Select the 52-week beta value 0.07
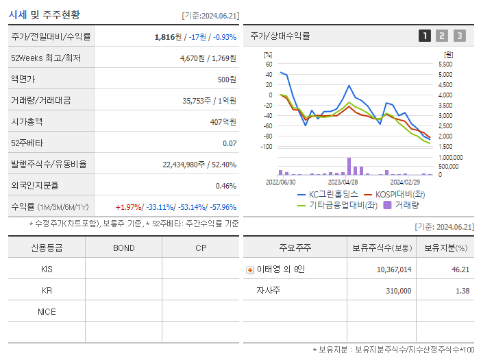(x=230, y=143)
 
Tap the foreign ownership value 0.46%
(x=225, y=185)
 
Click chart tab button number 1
(x=425, y=36)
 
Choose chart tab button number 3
(x=459, y=36)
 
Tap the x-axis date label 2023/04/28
(x=343, y=182)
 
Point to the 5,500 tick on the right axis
(x=445, y=64)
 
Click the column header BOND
(x=123, y=248)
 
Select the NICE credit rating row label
(x=47, y=311)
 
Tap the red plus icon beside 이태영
(x=249, y=269)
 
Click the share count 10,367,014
(x=394, y=269)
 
